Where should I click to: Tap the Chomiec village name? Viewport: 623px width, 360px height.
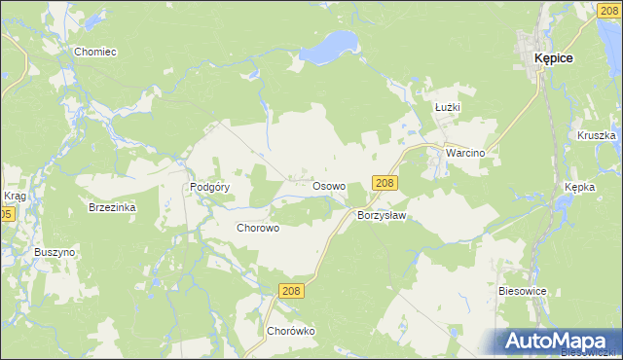(95, 50)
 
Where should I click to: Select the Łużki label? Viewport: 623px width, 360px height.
(448, 107)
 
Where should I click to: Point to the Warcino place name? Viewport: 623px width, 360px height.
(465, 154)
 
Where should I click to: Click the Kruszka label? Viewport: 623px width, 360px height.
(596, 136)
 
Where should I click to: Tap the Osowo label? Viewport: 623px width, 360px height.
(329, 185)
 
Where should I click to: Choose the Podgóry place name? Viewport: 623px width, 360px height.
(209, 187)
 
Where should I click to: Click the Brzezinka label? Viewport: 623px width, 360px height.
(112, 208)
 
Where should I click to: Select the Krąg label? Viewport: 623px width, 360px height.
(15, 197)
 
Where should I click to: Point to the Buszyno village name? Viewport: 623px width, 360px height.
(55, 252)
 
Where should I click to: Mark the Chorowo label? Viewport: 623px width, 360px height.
(259, 228)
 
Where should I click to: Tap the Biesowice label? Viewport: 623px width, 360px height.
(525, 290)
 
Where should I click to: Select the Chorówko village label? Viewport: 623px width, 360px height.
(292, 331)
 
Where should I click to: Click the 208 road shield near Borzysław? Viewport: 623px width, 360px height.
(385, 183)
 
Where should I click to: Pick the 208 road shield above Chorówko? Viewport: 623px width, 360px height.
(291, 291)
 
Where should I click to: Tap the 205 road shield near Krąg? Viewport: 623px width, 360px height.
(6, 214)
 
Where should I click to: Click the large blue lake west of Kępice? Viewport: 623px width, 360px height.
(331, 45)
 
